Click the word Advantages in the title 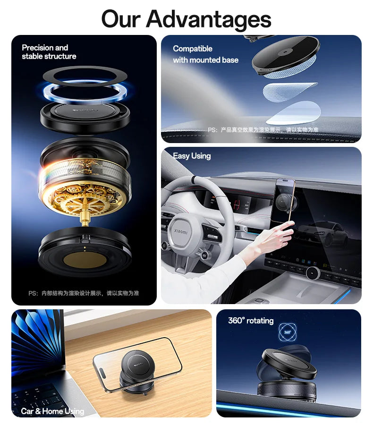[x=208, y=19]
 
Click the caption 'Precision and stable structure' [x=49, y=52]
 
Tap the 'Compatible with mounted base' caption [x=205, y=54]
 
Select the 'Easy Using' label [x=192, y=156]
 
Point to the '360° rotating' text [x=251, y=321]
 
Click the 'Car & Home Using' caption [x=52, y=411]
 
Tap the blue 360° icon [x=288, y=331]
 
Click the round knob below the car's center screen [x=312, y=273]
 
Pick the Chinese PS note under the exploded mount [x=84, y=293]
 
